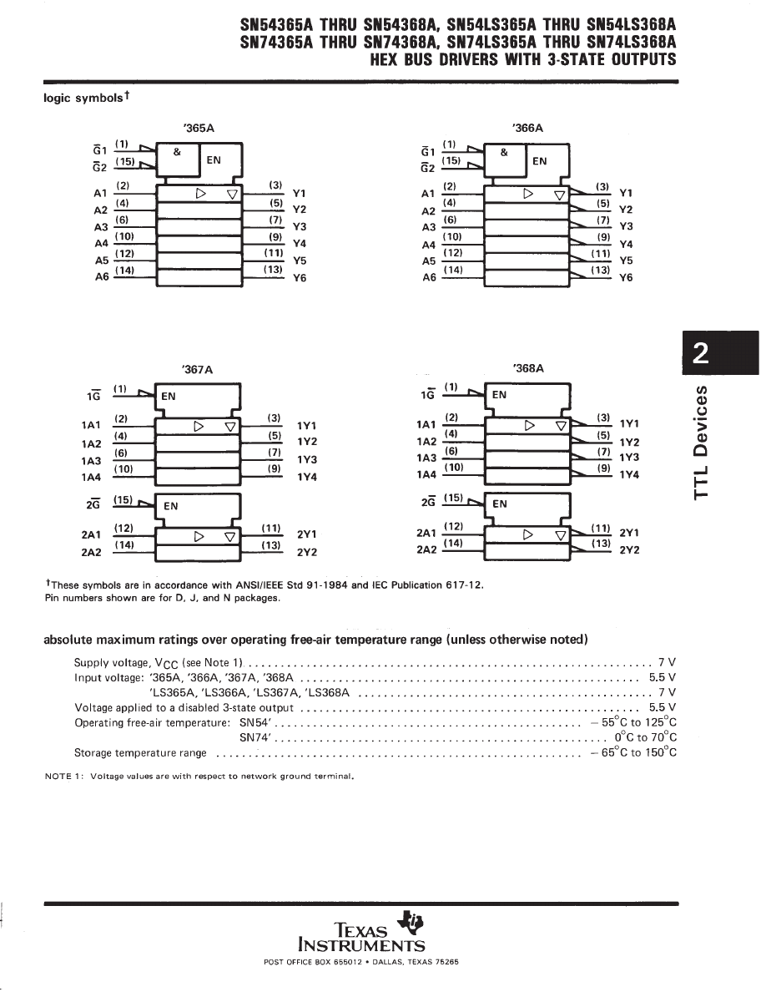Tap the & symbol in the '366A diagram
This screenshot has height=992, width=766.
pyautogui.click(x=504, y=153)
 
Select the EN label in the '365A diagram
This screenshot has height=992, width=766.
pyautogui.click(x=214, y=160)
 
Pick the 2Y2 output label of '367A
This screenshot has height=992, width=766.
pyautogui.click(x=307, y=552)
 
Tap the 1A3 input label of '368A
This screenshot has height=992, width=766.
pyautogui.click(x=427, y=458)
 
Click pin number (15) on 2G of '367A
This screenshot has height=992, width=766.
pyautogui.click(x=123, y=499)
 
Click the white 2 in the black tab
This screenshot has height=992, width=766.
pyautogui.click(x=703, y=355)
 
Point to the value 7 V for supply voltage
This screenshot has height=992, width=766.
pyautogui.click(x=667, y=661)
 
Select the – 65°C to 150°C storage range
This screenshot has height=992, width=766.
pyautogui.click(x=632, y=752)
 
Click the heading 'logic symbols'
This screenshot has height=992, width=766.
pyautogui.click(x=84, y=98)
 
